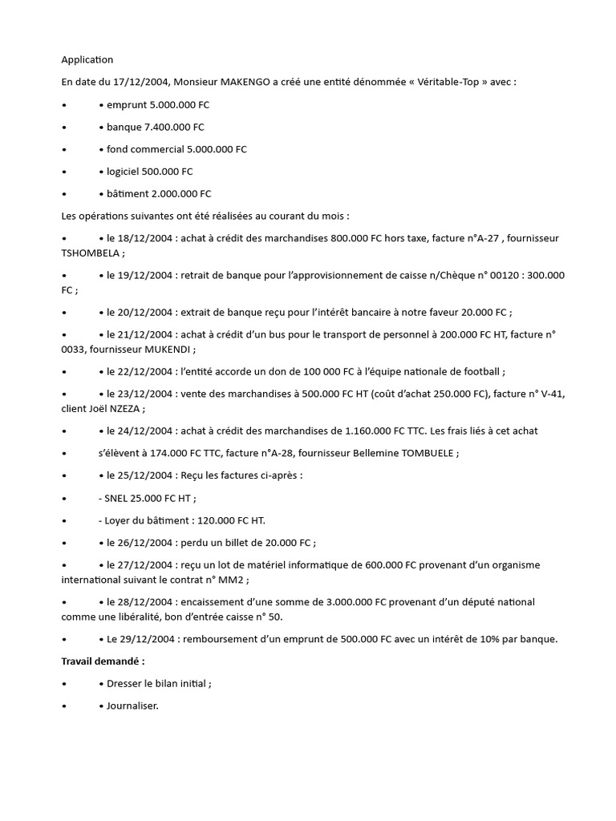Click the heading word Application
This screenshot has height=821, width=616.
click(87, 59)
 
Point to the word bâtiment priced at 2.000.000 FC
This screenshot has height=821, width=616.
click(128, 193)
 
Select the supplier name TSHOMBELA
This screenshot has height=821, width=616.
click(90, 253)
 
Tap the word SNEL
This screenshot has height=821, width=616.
click(120, 497)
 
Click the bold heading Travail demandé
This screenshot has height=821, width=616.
click(103, 661)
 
